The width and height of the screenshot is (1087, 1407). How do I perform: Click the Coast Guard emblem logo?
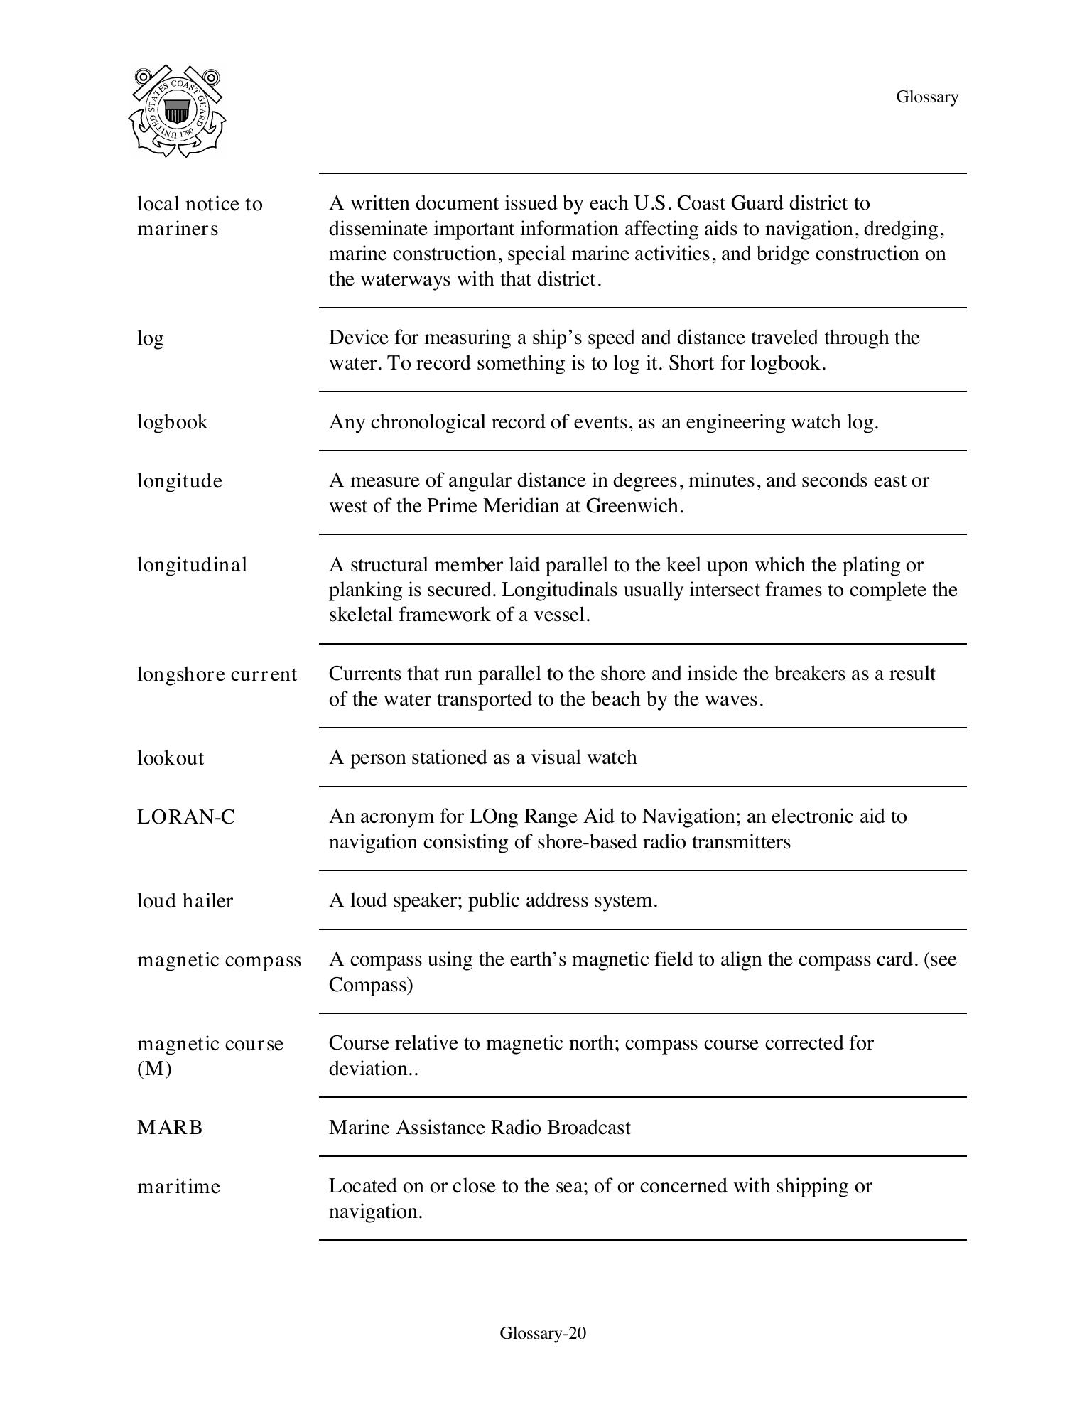tap(177, 112)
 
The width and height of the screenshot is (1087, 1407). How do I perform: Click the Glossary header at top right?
tap(926, 97)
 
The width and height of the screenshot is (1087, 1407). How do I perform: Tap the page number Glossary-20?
tap(543, 1333)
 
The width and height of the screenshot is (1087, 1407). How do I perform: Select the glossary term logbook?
tap(173, 422)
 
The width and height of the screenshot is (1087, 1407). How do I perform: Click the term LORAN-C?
tap(186, 817)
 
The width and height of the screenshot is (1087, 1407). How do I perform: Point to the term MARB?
tap(170, 1128)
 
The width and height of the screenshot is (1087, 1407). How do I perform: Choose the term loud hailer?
tap(185, 901)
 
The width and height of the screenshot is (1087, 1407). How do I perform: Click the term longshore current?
tap(217, 674)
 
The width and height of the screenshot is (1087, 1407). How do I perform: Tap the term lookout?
tap(171, 758)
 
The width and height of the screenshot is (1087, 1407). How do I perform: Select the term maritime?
tap(178, 1187)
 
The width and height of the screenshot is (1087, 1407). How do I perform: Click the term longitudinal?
tap(192, 565)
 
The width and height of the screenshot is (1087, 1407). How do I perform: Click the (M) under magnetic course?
tap(154, 1069)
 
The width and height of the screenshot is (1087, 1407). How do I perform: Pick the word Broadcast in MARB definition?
tap(589, 1128)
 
